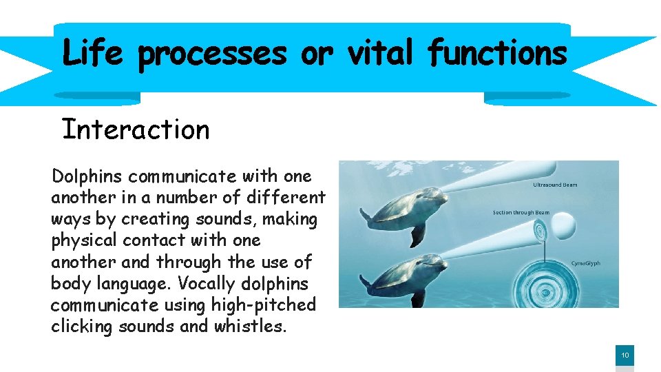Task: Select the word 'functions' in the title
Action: pos(498,52)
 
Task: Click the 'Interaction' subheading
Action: pos(136,129)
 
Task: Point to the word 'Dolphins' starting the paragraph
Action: pos(87,176)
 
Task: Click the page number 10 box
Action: pos(625,355)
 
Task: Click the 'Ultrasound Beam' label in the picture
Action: pos(555,185)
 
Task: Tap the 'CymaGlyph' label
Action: pos(585,263)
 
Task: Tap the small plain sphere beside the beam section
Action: pos(564,225)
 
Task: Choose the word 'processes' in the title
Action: pos(212,54)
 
